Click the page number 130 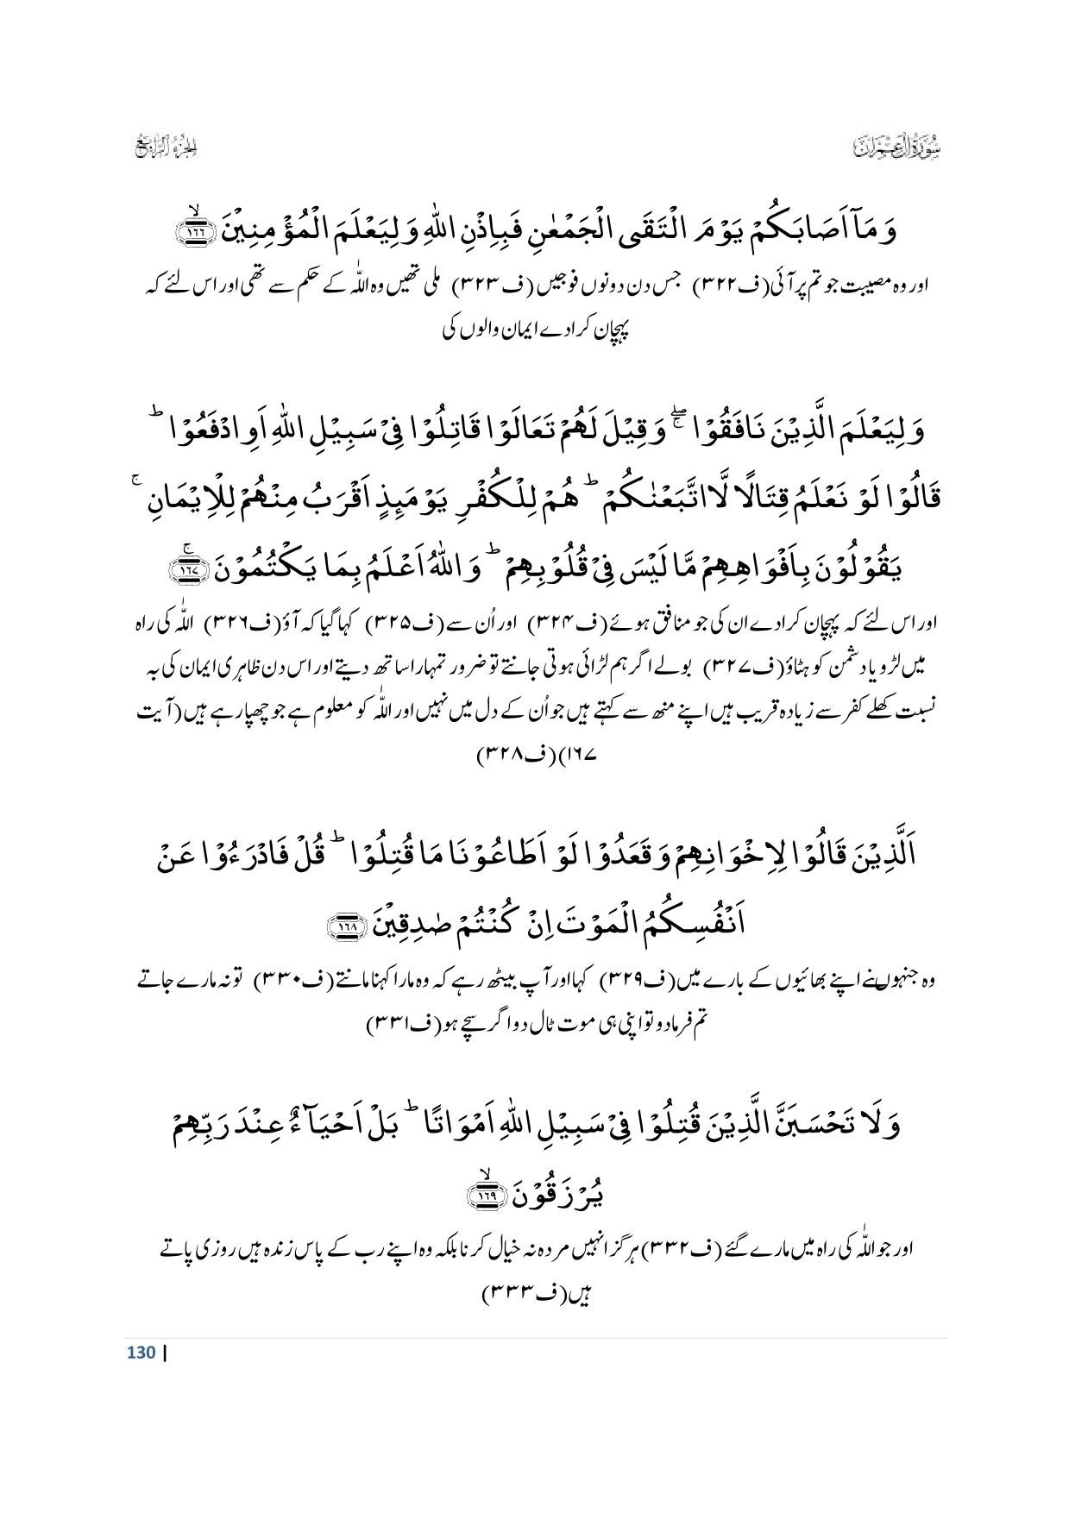(x=141, y=1352)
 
